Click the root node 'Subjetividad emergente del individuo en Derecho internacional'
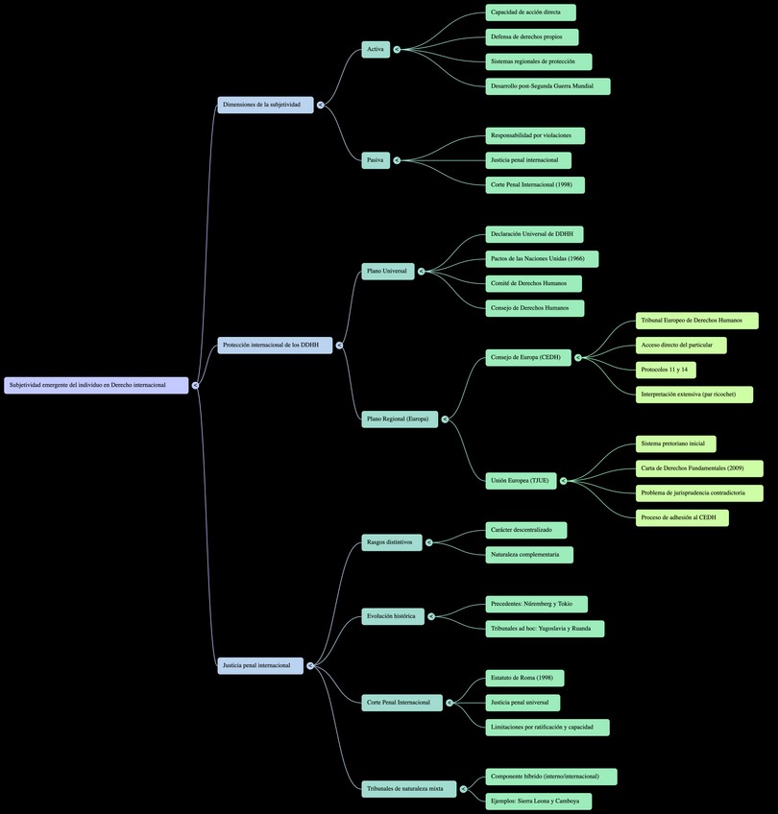[x=96, y=385]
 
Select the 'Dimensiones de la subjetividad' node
[x=265, y=105]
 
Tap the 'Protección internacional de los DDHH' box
[x=275, y=345]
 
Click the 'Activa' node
[x=376, y=49]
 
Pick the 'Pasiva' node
[x=376, y=160]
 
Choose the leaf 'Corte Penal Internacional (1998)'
[x=535, y=184]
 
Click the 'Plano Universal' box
[x=388, y=272]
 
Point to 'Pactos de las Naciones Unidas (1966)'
[x=542, y=259]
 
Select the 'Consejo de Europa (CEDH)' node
[x=528, y=358]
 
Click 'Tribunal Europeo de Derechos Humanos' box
[x=696, y=321]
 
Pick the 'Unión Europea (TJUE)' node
[x=521, y=481]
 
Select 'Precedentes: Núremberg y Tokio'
[x=536, y=604]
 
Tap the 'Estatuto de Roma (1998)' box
[x=524, y=678]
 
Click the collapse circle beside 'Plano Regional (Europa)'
[x=445, y=419]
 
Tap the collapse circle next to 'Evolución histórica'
[x=432, y=616]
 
